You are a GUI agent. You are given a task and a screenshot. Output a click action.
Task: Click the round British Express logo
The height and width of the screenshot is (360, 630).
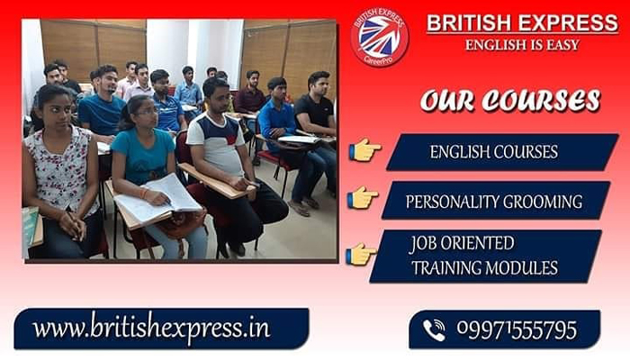coord(380,37)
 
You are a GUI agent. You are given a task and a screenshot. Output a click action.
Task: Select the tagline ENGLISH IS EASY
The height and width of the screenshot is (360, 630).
coord(522,44)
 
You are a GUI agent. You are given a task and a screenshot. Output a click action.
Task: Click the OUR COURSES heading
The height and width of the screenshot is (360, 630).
coord(510,100)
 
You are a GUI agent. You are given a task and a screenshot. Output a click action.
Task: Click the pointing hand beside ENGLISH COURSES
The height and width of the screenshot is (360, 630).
coord(364,149)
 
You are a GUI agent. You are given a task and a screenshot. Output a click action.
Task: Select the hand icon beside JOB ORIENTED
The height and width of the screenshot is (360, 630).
coord(360,253)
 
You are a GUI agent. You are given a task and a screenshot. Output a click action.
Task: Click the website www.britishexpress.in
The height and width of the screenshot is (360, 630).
coord(151,328)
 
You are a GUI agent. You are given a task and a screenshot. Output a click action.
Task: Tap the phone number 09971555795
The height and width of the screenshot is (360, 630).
coord(517,329)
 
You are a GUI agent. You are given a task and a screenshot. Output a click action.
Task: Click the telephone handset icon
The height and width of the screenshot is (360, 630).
coord(434,330)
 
